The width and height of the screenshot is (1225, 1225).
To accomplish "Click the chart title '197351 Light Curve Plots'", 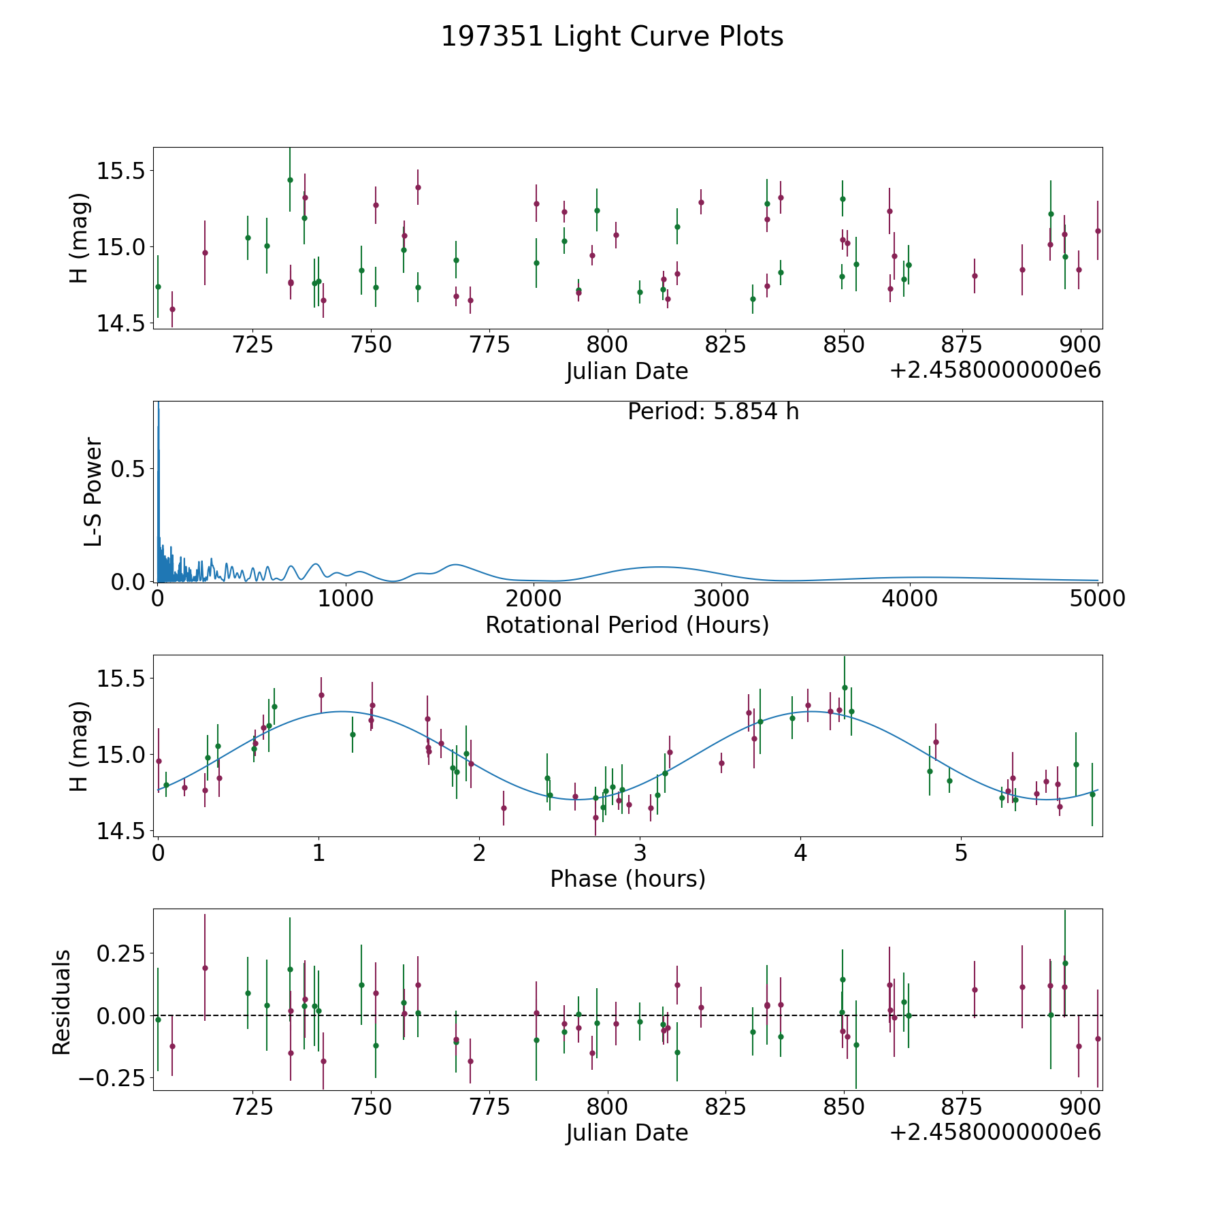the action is click(612, 37).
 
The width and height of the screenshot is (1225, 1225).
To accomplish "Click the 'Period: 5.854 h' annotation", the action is click(713, 412).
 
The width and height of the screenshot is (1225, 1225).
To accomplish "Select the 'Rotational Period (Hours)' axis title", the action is click(627, 625).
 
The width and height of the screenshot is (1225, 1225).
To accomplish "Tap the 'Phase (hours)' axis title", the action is click(627, 879).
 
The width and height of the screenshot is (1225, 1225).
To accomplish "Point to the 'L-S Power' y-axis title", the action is click(93, 492).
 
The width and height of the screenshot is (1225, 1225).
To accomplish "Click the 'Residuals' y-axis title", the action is click(62, 1002).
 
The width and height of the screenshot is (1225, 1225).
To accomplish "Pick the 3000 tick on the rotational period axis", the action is click(721, 599).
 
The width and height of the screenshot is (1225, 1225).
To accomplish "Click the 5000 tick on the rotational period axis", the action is click(1096, 599).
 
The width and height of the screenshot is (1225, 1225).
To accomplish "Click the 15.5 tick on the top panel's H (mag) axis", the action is click(121, 171).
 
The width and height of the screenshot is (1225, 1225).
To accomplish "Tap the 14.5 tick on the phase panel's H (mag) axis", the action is click(121, 831).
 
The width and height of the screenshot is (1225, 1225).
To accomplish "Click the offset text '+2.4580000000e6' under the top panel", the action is click(995, 370).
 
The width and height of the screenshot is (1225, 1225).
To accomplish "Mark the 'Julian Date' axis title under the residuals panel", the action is click(627, 1132).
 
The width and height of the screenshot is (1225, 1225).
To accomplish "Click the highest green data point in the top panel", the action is click(290, 180).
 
